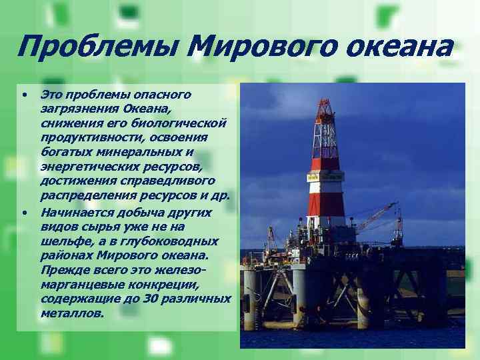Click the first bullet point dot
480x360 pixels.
click(23, 94)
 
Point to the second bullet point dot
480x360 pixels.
click(23, 213)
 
